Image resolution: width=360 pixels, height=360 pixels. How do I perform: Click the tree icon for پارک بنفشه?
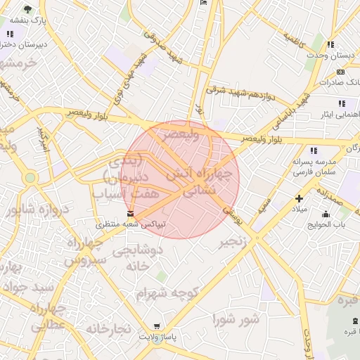tap(27, 9)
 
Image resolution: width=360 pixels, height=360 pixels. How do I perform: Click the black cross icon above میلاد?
tap(300, 199)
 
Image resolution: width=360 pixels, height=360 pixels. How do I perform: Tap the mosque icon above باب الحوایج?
tap(326, 214)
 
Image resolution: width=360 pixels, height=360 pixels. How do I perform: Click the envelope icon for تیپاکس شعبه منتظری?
tap(130, 213)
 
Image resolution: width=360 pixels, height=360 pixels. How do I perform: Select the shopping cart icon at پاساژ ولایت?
tap(157, 326)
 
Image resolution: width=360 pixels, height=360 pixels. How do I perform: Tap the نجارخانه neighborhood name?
tap(109, 328)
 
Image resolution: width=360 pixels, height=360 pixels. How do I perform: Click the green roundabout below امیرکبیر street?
tap(30, 178)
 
